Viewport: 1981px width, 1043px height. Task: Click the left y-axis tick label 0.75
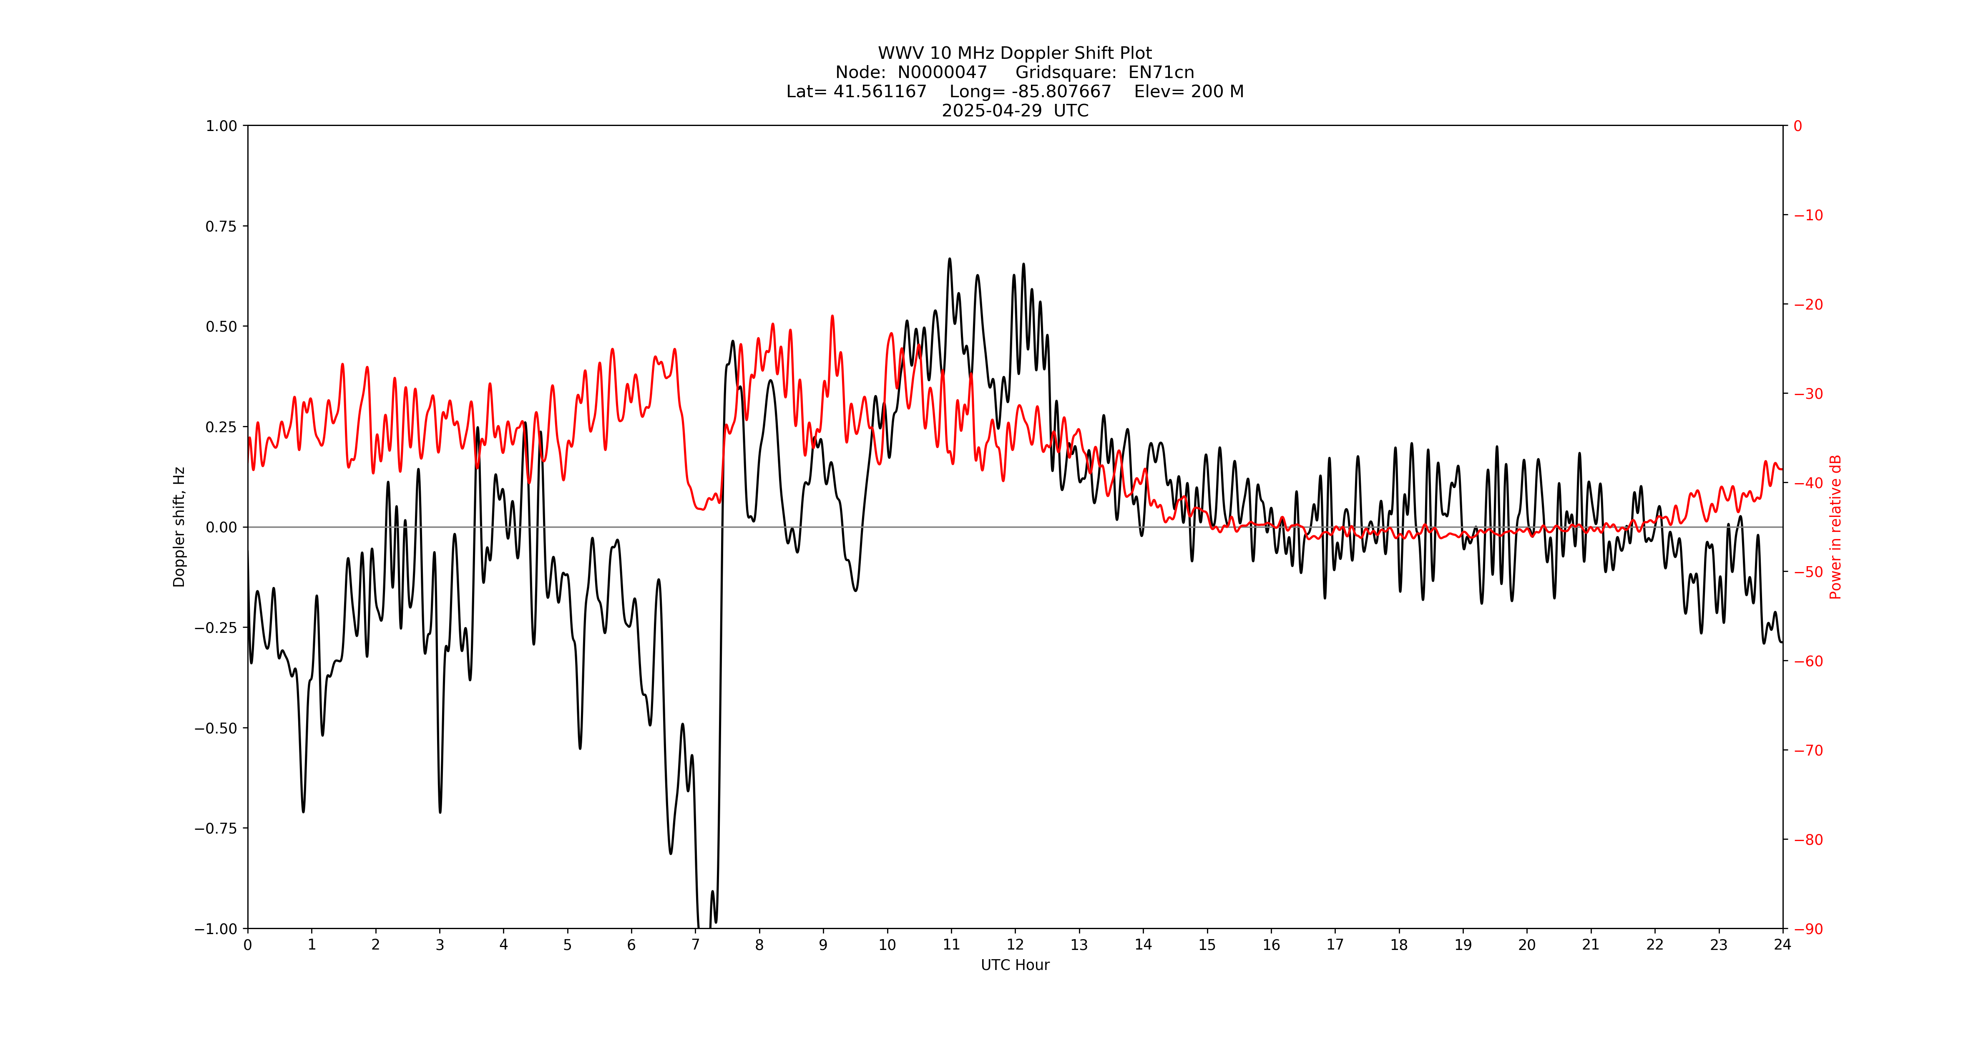click(221, 226)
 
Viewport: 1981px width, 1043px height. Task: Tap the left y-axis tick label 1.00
click(221, 126)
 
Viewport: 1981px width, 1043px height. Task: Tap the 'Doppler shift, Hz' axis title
click(179, 527)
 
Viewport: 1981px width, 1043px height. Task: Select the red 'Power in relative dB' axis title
click(1835, 527)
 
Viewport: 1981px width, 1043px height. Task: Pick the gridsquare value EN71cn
click(1161, 72)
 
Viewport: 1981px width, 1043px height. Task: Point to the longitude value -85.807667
click(1061, 91)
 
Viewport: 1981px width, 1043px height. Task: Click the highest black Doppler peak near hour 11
click(950, 259)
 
